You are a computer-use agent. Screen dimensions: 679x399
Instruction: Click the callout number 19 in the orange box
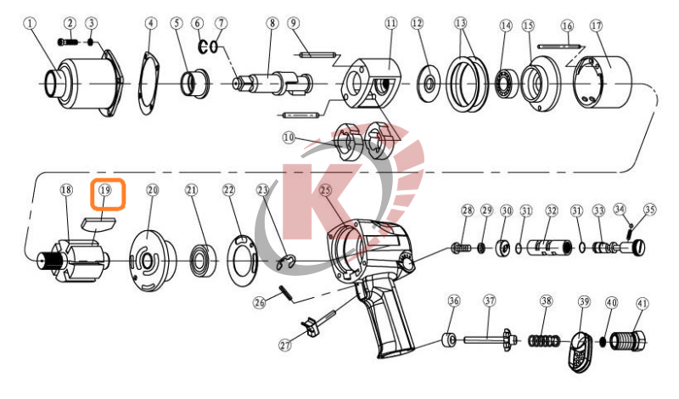105,190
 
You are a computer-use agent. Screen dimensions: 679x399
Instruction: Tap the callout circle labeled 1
30,23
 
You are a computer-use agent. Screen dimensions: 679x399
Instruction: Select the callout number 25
326,190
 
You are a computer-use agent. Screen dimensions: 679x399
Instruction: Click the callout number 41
643,303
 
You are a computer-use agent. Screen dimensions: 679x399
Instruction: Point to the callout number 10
289,138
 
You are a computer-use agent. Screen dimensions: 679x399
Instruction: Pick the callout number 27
285,345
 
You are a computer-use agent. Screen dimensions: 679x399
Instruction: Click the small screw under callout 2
68,42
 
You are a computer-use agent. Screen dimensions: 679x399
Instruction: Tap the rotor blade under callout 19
98,224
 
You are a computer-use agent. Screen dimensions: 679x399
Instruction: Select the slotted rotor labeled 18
73,261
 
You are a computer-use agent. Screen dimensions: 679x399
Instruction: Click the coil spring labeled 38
545,341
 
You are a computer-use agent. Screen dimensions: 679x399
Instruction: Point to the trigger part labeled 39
581,351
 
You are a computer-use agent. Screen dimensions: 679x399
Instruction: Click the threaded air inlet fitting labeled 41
628,340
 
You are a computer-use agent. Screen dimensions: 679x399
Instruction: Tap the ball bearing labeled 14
507,82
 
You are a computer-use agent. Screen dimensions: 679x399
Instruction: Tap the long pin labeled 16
558,46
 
